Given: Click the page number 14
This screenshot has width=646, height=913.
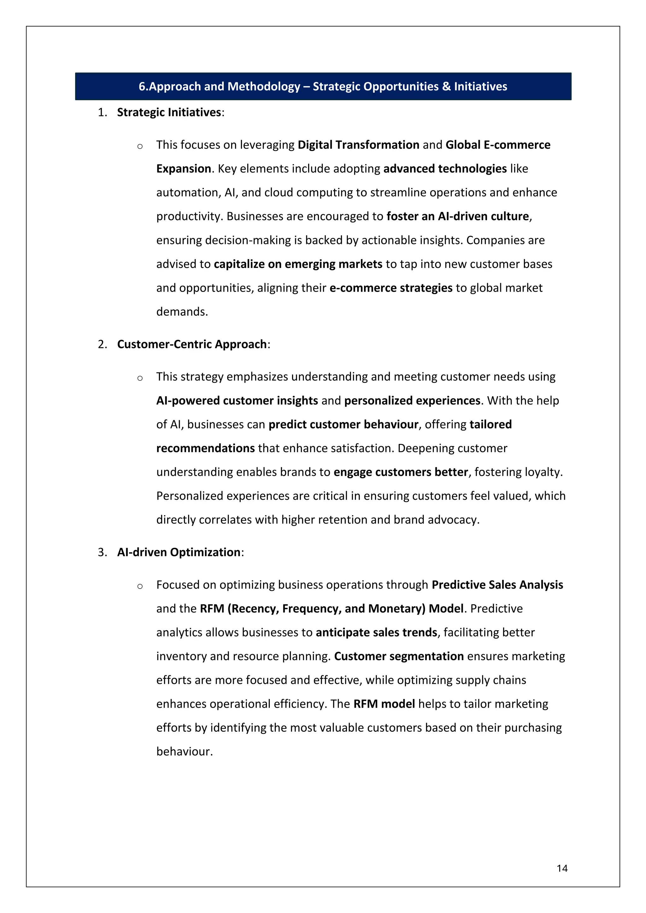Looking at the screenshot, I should point(562,868).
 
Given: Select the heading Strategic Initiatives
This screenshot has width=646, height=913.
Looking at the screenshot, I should point(169,112).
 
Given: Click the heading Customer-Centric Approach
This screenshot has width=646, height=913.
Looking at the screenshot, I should point(192,344).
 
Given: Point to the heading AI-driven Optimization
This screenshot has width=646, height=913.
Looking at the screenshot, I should point(179,552).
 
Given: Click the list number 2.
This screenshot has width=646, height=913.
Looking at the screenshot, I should point(102,344).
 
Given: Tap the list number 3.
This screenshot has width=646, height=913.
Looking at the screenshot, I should point(102,552).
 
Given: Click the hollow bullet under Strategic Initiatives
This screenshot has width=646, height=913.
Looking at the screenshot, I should point(140,146).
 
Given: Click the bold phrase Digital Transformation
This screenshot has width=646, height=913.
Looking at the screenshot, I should point(358,145).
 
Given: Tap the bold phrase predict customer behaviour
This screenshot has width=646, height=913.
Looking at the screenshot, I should point(343,424).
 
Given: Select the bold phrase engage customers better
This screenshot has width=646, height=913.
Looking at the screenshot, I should point(400,472).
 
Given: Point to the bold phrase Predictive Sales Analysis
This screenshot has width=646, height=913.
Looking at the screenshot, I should point(497,584).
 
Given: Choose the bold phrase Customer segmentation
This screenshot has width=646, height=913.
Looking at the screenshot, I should point(399,656).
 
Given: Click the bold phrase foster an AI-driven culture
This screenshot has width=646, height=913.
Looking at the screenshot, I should point(457,216).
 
